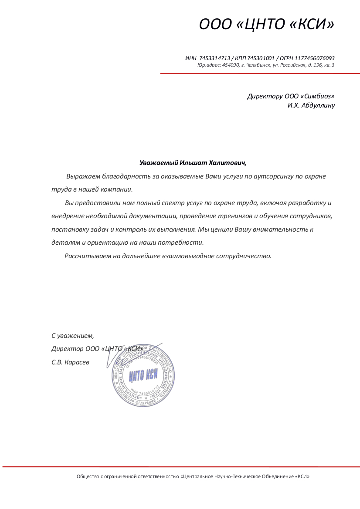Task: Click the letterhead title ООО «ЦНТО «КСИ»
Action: tap(267, 24)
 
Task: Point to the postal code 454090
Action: tap(231, 65)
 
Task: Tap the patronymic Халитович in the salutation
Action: tap(227, 163)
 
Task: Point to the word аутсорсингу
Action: tap(269, 177)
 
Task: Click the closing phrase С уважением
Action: tap(72, 336)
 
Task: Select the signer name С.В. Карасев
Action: tap(70, 362)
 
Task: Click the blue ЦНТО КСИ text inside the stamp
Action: tap(143, 375)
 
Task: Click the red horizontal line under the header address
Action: tap(260, 73)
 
